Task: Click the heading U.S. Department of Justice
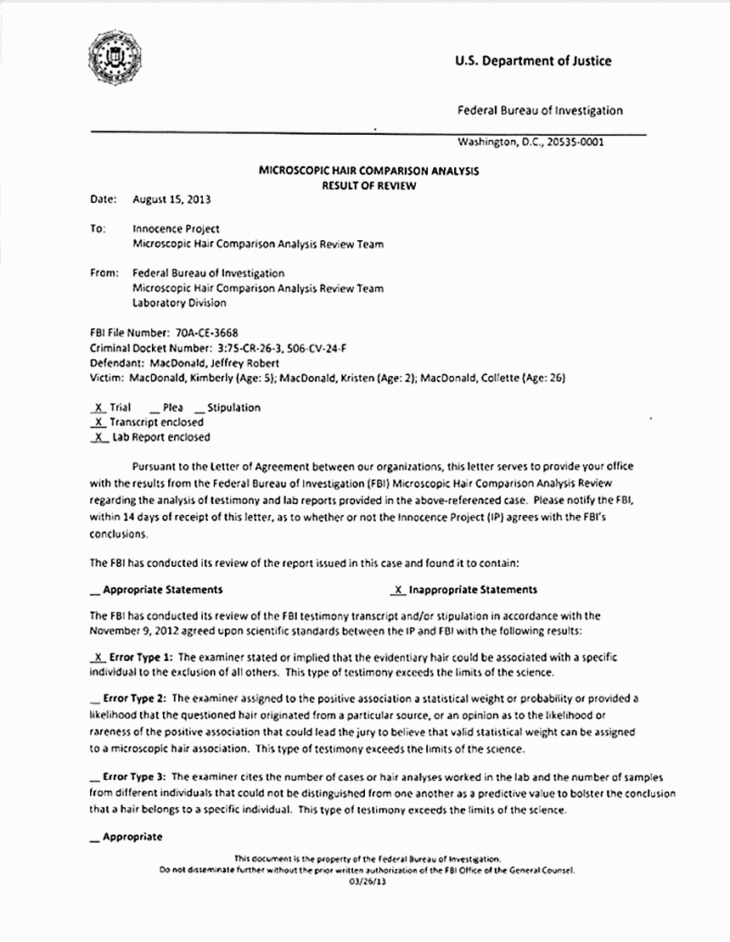click(x=532, y=60)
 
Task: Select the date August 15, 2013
click(x=171, y=200)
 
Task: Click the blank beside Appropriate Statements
click(x=93, y=590)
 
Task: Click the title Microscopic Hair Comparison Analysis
click(x=368, y=171)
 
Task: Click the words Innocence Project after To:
click(x=176, y=229)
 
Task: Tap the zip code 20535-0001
click(x=575, y=143)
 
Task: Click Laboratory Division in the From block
click(x=179, y=303)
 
